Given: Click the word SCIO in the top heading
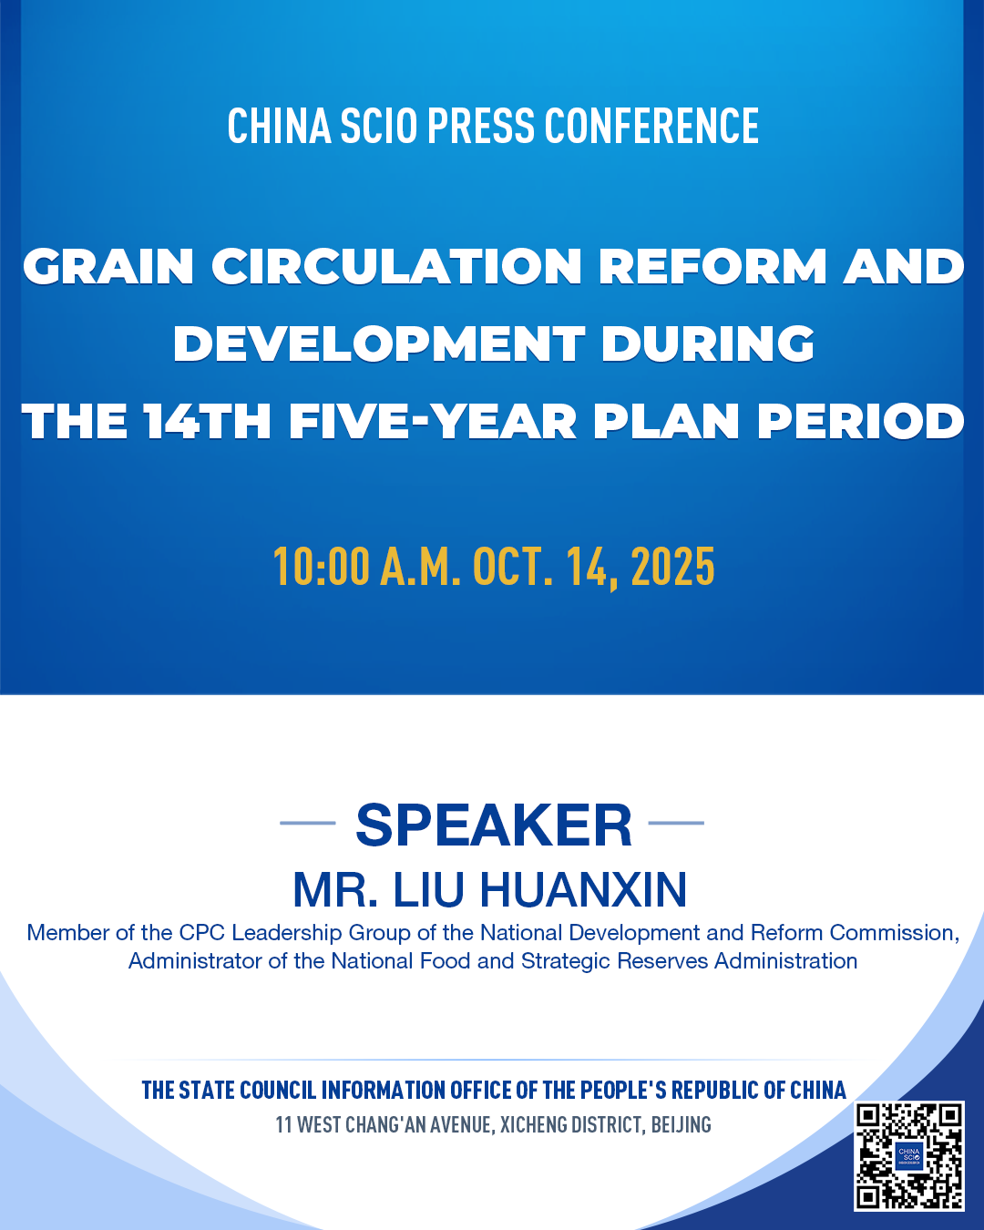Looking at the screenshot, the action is [378, 126].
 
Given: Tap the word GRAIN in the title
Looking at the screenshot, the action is [108, 266].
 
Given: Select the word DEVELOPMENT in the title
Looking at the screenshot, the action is [379, 343].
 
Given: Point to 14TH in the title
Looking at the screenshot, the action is [207, 421].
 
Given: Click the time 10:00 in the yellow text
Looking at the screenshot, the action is [322, 567].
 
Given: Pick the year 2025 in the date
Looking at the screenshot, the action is [673, 567].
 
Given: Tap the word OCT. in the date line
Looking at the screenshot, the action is [513, 567].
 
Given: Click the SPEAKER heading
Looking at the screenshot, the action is [494, 825].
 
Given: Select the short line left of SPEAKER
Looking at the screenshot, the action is [308, 823].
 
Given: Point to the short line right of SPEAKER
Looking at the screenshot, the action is [676, 823].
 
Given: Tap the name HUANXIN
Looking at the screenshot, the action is [582, 890].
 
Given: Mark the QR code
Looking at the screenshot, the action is [909, 1155].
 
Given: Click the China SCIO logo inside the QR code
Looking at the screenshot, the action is [909, 1155].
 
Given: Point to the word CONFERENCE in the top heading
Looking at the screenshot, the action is [651, 126].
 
